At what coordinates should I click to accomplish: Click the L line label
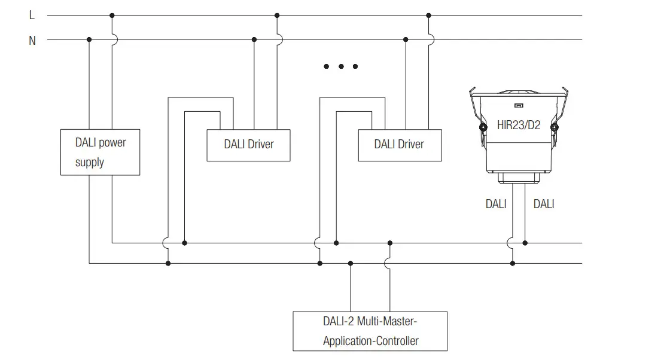[x=32, y=16]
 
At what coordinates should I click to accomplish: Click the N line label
[x=32, y=41]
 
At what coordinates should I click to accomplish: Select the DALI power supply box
[x=100, y=152]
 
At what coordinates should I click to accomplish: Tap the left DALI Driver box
[x=248, y=144]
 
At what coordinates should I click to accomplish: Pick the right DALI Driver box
[x=400, y=144]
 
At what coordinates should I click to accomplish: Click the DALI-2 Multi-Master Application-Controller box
[x=370, y=331]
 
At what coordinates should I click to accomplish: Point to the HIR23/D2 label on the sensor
[x=519, y=126]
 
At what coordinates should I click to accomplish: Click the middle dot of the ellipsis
[x=341, y=66]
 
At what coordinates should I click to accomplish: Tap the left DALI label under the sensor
[x=496, y=204]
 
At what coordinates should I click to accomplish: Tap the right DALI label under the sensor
[x=543, y=204]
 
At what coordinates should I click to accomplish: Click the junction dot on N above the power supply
[x=89, y=40]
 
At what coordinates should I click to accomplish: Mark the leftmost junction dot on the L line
[x=112, y=16]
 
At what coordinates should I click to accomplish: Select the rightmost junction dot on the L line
[x=429, y=16]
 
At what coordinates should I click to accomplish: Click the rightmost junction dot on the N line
[x=406, y=40]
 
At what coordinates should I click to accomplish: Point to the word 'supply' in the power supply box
[x=90, y=162]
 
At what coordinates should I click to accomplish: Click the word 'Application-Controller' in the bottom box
[x=370, y=341]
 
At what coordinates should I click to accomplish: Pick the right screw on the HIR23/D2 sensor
[x=555, y=127]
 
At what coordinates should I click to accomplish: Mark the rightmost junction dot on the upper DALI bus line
[x=525, y=243]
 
